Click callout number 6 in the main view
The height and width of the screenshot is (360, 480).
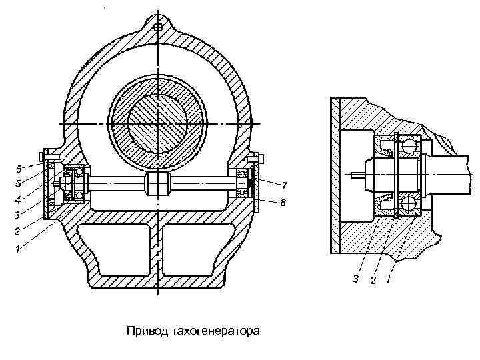point(19,167)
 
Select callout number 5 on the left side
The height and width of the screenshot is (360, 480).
point(19,183)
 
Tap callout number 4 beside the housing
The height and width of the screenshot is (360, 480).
point(19,199)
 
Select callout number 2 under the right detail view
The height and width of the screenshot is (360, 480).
point(373,279)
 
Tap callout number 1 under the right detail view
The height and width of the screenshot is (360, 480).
point(389,277)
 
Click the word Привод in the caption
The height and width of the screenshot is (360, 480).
point(147,331)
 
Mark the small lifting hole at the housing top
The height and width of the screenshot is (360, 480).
point(158,27)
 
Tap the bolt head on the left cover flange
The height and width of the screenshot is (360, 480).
point(44,157)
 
